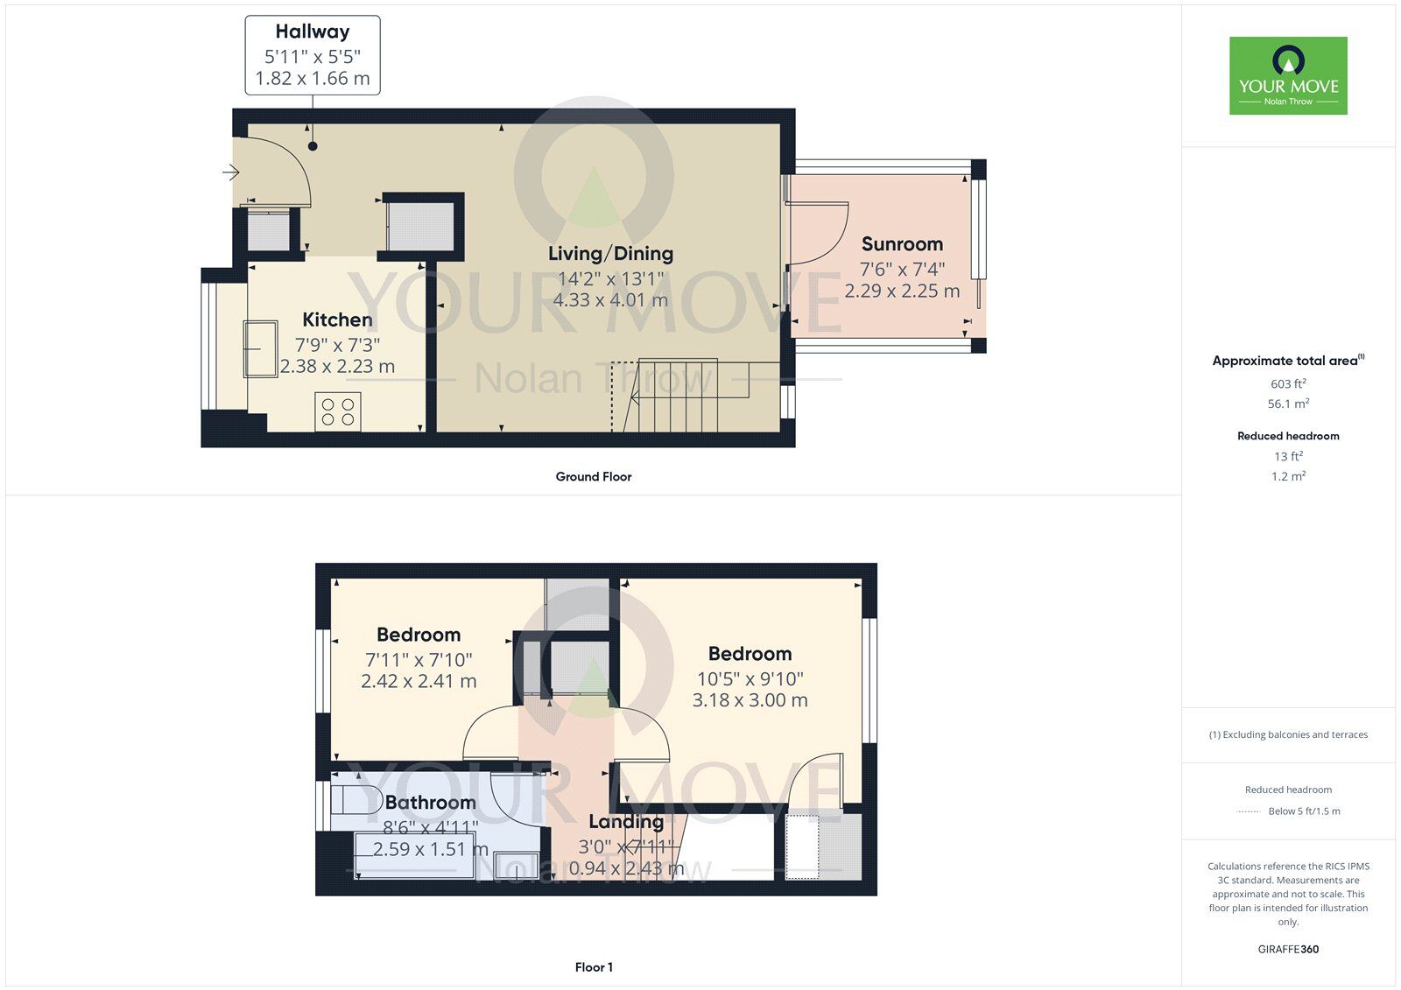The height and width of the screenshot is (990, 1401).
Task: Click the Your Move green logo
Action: pos(1288,76)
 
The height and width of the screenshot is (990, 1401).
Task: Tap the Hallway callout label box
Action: pos(313,55)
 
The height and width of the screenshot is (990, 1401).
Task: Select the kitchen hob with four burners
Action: pos(338,411)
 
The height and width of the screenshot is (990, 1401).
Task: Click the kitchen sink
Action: pos(260,348)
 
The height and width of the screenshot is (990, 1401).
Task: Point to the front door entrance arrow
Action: pos(230,172)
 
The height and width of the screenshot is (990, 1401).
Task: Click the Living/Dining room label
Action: pos(610,254)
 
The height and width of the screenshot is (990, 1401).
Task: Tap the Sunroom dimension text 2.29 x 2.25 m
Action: pos(902,291)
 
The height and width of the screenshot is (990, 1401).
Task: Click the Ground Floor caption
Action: pos(593,477)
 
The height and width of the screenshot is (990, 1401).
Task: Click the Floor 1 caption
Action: pos(594,967)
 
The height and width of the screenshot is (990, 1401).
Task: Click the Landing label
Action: pos(625,822)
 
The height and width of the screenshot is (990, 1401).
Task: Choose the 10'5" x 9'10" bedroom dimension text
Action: pos(750,678)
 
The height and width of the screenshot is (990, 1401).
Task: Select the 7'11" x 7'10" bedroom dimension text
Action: pos(419,660)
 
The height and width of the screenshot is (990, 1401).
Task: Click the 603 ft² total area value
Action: pos(1288,383)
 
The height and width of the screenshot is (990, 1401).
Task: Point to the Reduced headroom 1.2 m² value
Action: pos(1288,477)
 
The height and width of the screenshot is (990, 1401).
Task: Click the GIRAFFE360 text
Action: pos(1288,949)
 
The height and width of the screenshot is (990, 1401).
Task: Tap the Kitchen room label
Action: pos(337,319)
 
